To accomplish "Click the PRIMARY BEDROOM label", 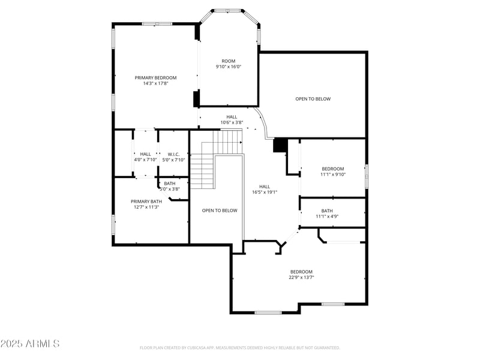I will pyautogui.click(x=155, y=77).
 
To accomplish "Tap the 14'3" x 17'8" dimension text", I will pyautogui.click(x=155, y=84).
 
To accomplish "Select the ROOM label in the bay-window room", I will pyautogui.click(x=229, y=61).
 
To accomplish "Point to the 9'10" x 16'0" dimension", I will pyautogui.click(x=229, y=67).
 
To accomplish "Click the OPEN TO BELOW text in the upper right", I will pyautogui.click(x=313, y=98).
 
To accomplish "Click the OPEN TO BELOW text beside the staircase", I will pyautogui.click(x=220, y=211).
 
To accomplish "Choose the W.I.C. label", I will pyautogui.click(x=174, y=154).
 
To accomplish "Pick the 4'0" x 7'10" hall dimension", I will pyautogui.click(x=146, y=160).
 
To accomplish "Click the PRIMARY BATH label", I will pyautogui.click(x=146, y=201).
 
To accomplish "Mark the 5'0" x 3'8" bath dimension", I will pyautogui.click(x=170, y=189).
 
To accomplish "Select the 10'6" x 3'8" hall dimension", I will pyautogui.click(x=232, y=122).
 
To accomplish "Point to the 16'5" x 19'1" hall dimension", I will pyautogui.click(x=265, y=193).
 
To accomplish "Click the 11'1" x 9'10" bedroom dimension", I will pyautogui.click(x=333, y=175).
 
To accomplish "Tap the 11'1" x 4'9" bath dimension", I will pyautogui.click(x=327, y=217).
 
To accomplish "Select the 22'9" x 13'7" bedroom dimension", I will pyautogui.click(x=301, y=277).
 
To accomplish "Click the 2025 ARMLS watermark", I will pyautogui.click(x=30, y=344).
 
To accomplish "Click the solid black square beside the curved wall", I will pyautogui.click(x=280, y=146).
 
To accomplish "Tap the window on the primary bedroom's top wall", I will pyautogui.click(x=157, y=24).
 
